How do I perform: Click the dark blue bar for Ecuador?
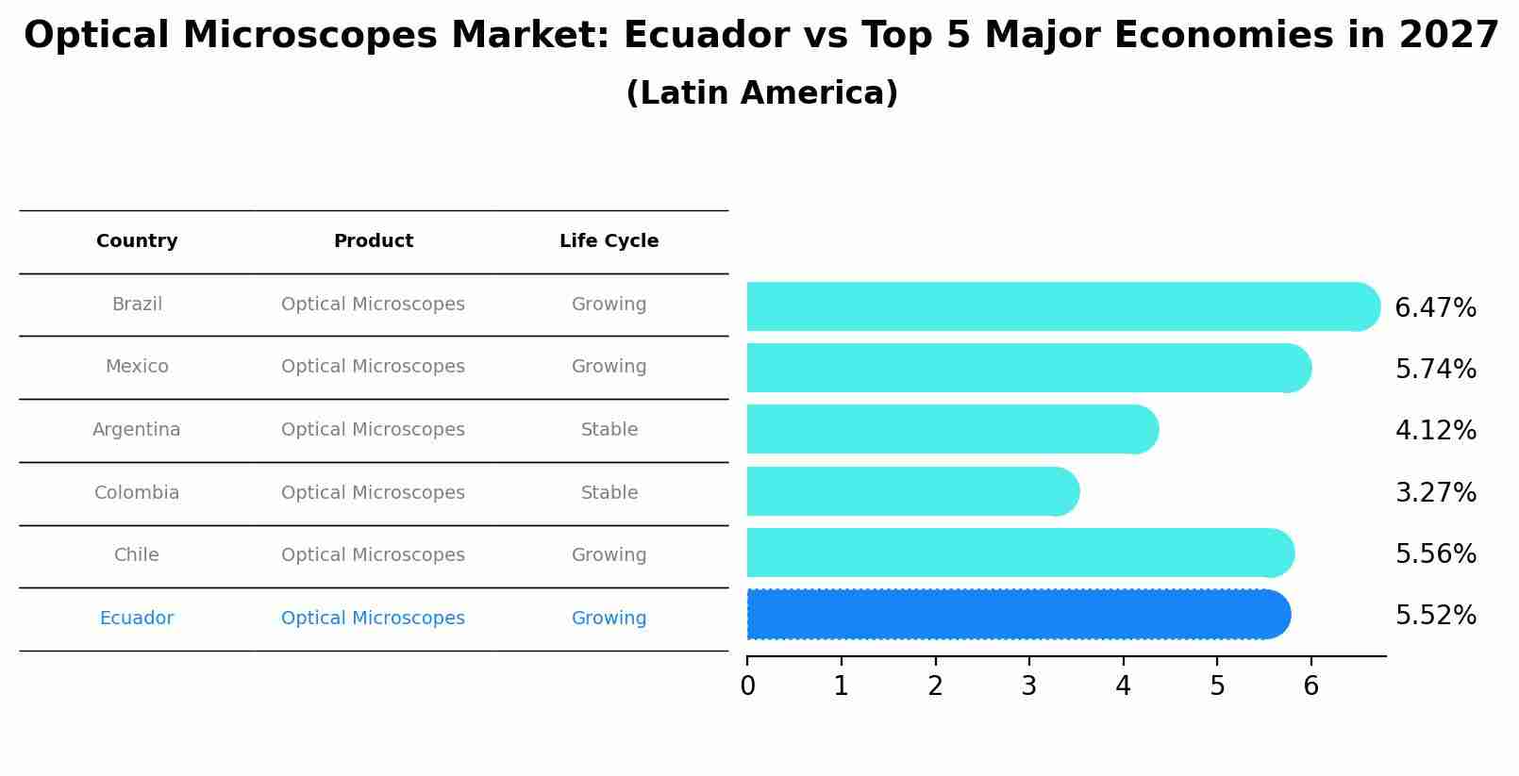[x=1018, y=615]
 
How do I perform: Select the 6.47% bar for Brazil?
[x=1062, y=306]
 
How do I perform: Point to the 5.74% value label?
[x=1435, y=369]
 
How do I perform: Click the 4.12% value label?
[x=1435, y=431]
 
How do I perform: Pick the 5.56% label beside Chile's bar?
[x=1435, y=553]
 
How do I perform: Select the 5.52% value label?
[x=1435, y=616]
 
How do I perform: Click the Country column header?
[x=137, y=241]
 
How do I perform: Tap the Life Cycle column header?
[x=609, y=241]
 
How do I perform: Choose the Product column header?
[x=374, y=241]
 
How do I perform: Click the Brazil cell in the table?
[x=137, y=305]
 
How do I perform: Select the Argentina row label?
[x=137, y=430]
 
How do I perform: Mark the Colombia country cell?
[x=137, y=492]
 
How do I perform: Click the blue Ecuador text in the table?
[x=137, y=619]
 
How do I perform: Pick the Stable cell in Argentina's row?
[x=609, y=430]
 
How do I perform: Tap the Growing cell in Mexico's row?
[x=609, y=367]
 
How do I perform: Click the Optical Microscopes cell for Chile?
[x=373, y=555]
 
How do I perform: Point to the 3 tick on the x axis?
[x=1029, y=685]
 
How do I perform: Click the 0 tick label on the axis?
[x=748, y=685]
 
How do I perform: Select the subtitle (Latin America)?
[x=761, y=93]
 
